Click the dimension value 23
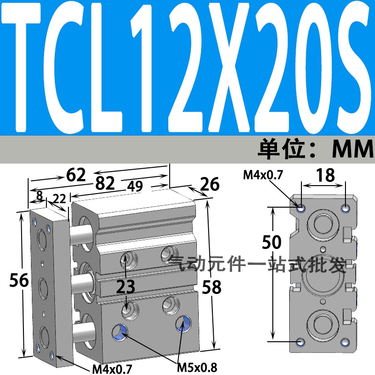[x=127, y=285]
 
